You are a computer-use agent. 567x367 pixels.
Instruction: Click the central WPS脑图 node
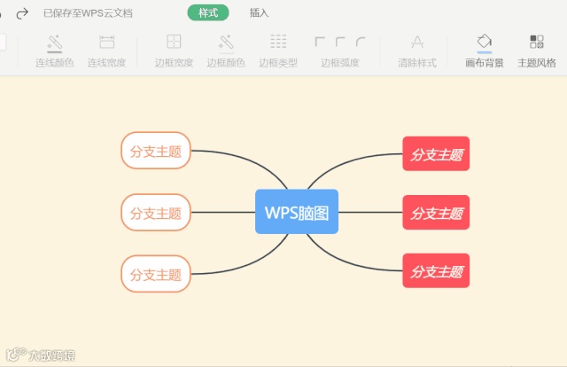click(297, 212)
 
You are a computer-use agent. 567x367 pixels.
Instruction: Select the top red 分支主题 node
click(436, 154)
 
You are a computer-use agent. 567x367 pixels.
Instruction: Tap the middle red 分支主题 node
click(436, 213)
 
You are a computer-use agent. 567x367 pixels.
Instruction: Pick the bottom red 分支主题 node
click(436, 270)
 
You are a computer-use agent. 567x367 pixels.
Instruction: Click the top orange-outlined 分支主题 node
click(156, 151)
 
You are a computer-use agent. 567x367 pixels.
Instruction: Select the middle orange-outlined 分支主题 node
click(156, 213)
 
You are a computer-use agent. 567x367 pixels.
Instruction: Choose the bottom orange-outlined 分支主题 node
click(156, 274)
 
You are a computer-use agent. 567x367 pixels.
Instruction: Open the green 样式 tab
click(208, 13)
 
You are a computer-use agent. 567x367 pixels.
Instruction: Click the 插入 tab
click(260, 13)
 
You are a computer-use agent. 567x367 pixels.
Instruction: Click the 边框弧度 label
click(340, 63)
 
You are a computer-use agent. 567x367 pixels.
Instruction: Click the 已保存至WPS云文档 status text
click(88, 13)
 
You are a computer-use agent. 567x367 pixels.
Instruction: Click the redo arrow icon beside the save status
click(23, 13)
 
